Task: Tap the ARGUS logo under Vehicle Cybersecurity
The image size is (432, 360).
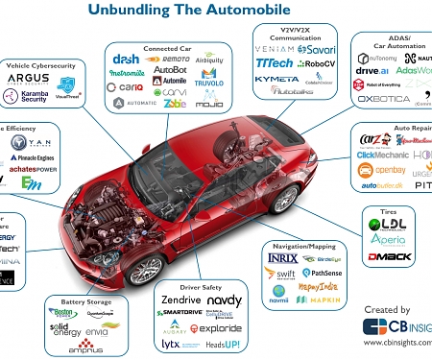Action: point(28,78)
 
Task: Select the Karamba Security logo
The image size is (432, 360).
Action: point(26,96)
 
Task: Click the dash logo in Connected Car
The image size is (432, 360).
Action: point(126,60)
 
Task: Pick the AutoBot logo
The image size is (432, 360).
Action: point(171,70)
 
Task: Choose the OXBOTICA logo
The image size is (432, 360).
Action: point(383,98)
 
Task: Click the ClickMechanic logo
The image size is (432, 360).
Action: point(382,155)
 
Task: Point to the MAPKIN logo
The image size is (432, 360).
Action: point(324,299)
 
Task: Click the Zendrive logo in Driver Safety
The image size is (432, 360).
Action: point(180,300)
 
